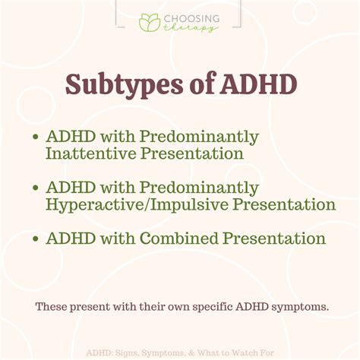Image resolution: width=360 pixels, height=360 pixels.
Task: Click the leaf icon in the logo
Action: (x=150, y=22)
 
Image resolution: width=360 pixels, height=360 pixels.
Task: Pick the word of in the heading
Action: (x=191, y=84)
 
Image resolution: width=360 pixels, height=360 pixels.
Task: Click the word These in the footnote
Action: (x=51, y=308)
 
